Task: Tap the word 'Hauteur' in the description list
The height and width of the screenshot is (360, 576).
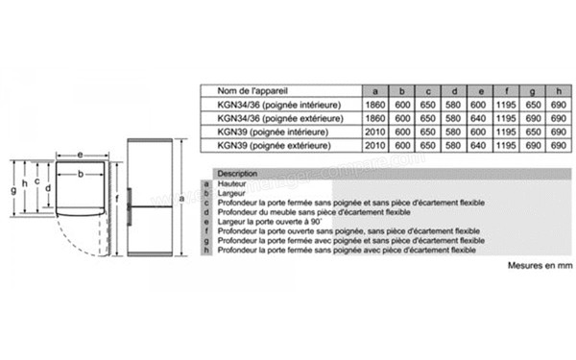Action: pos(232,182)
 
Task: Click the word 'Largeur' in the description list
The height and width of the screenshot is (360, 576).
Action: pos(232,192)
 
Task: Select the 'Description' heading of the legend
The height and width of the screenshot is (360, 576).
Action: pos(237,173)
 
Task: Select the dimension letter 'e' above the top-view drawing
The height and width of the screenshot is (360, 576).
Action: pos(79,154)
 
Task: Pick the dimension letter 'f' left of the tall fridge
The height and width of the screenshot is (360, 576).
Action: pos(116,199)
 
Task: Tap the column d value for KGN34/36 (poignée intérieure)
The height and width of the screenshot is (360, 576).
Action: pos(453,102)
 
